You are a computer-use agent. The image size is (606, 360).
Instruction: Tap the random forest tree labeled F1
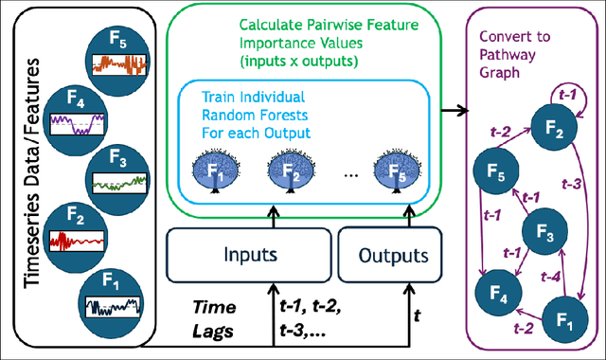[x=213, y=173]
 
